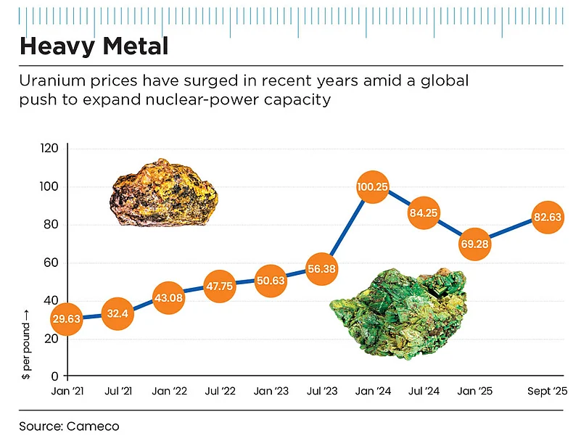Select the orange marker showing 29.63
[66, 319]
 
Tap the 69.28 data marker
[476, 244]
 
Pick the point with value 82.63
[548, 217]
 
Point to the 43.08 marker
[168, 298]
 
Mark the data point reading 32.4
[117, 314]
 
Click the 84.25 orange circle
[424, 213]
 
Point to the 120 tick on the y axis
[49, 149]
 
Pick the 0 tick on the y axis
[55, 376]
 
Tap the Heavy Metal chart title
[94, 46]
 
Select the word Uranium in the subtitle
[50, 80]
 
